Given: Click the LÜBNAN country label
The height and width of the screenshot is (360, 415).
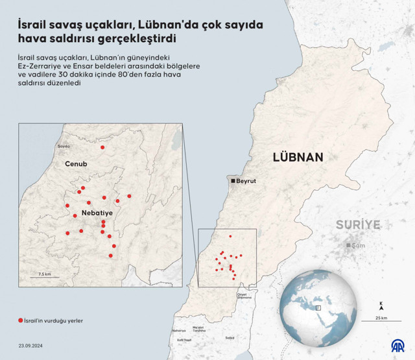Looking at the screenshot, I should (x=298, y=157).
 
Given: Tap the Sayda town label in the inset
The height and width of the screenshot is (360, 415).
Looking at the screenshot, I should (x=64, y=147).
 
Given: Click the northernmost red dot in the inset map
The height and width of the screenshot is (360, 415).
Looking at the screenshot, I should (x=102, y=148).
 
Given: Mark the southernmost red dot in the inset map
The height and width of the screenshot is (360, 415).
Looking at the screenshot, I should (x=111, y=256).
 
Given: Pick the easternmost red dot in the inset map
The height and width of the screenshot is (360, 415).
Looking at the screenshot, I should (x=129, y=196).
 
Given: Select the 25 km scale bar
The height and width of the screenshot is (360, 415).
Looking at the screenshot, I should (x=381, y=313).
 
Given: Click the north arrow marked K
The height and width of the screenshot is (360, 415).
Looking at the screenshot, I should (x=381, y=304).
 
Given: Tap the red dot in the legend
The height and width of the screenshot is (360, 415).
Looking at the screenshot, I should (x=21, y=320).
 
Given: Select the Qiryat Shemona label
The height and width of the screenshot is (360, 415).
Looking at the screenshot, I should (x=243, y=296).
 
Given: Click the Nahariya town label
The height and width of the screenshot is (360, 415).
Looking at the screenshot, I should (x=179, y=331).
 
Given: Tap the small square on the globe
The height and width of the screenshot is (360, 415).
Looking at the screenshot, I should (x=318, y=307).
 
